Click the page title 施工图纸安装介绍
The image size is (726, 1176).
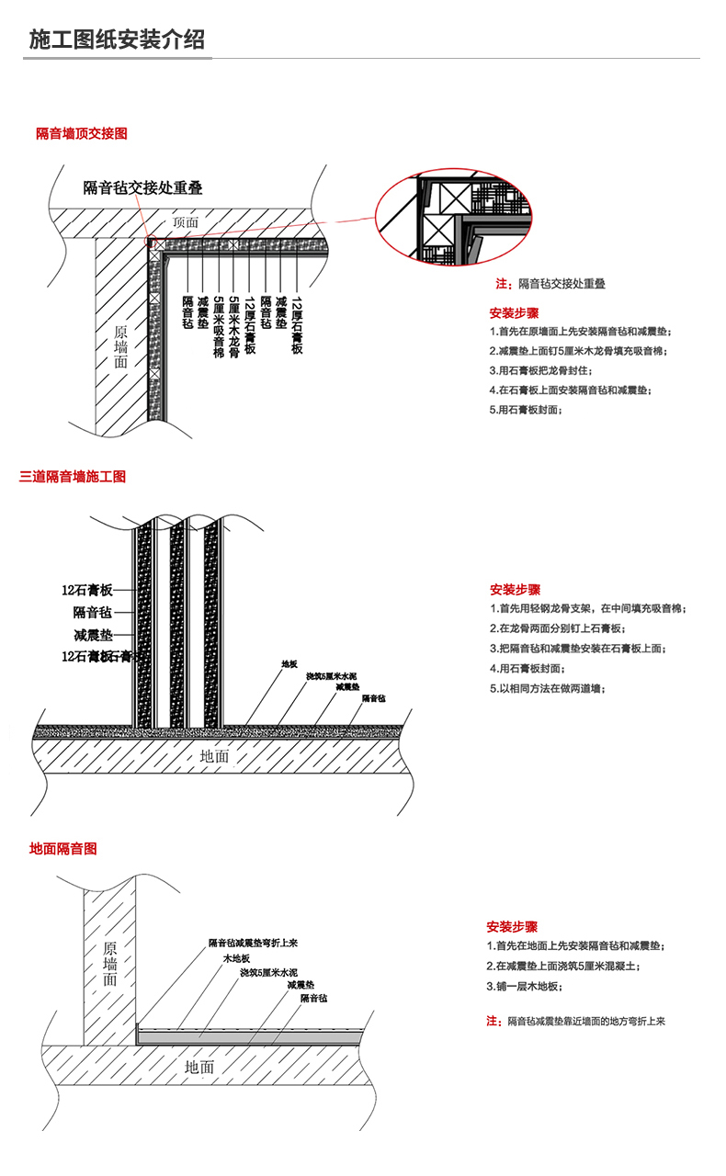(117, 40)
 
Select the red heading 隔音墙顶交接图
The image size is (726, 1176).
(81, 134)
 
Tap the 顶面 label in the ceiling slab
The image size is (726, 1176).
(186, 222)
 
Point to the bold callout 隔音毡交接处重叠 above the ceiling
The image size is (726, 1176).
(142, 187)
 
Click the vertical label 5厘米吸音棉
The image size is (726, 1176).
(218, 327)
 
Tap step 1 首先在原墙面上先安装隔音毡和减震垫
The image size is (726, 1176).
(580, 331)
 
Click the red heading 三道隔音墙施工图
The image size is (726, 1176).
(73, 477)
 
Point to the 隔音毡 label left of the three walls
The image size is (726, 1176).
(93, 612)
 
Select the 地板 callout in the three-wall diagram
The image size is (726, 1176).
(289, 663)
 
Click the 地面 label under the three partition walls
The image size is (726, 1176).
(214, 756)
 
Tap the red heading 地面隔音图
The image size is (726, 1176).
(62, 850)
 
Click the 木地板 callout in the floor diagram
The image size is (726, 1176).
(236, 958)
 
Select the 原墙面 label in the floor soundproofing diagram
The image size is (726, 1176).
(110, 964)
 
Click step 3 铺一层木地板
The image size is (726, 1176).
(524, 986)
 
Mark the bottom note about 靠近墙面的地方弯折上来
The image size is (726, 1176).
(575, 1022)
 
